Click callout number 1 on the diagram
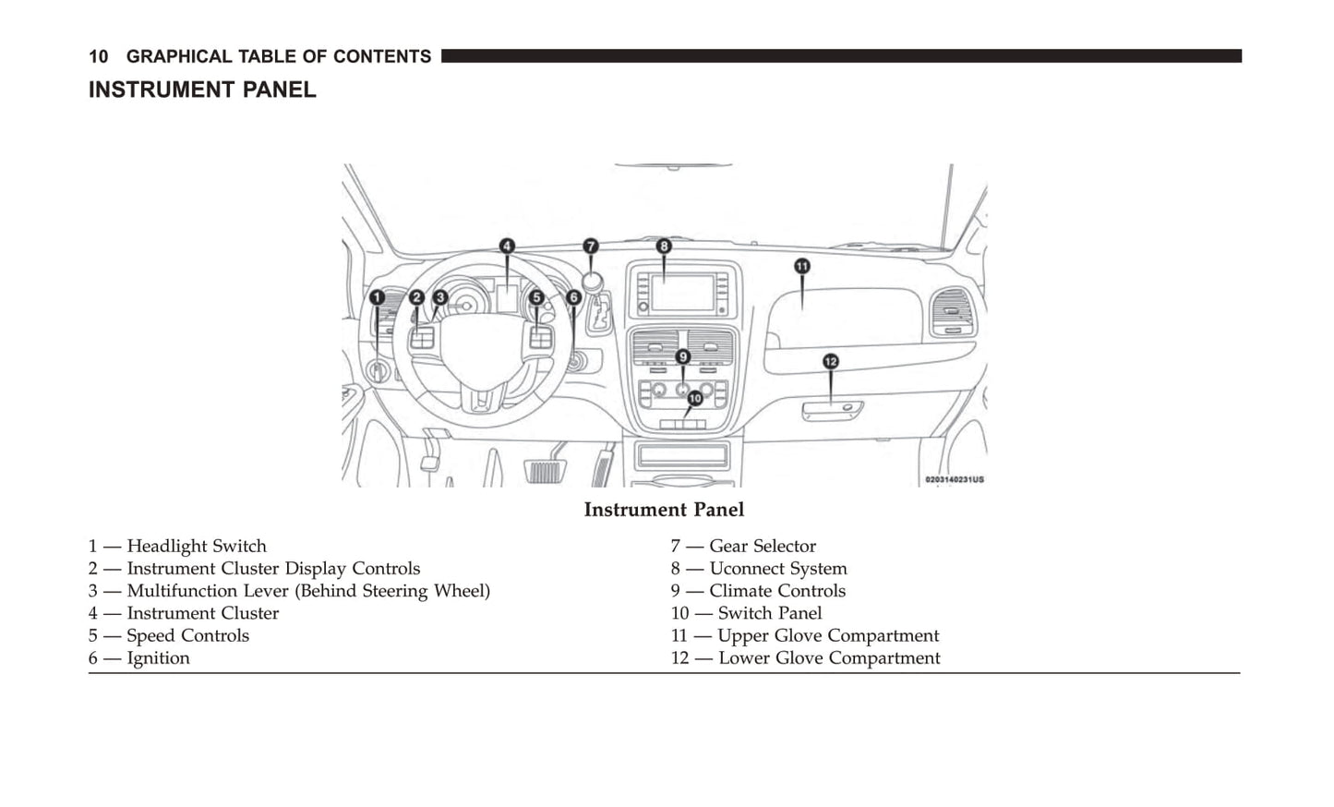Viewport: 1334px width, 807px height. tap(377, 297)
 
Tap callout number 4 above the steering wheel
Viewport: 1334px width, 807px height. tap(507, 246)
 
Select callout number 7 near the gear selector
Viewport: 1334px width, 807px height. tap(591, 247)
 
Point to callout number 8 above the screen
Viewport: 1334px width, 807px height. tap(664, 247)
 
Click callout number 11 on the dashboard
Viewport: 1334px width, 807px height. tap(802, 266)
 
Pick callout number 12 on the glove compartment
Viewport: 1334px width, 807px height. tap(831, 361)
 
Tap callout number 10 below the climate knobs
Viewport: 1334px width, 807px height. tap(695, 398)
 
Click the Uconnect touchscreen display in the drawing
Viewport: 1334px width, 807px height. tap(681, 293)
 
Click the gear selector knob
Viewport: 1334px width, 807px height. tap(592, 281)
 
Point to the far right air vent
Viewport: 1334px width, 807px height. tap(953, 312)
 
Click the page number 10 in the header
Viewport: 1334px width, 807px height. tap(98, 56)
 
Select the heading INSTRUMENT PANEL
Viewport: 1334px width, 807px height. tap(202, 90)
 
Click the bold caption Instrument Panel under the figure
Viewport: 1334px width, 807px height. tap(664, 510)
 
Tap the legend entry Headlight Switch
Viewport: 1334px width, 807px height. tap(196, 546)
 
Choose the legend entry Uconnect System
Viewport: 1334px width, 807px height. tap(777, 569)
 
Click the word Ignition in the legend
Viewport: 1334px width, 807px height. tap(158, 658)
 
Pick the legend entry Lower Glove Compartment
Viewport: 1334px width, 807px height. tap(829, 658)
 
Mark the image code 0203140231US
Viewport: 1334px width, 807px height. tap(955, 480)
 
